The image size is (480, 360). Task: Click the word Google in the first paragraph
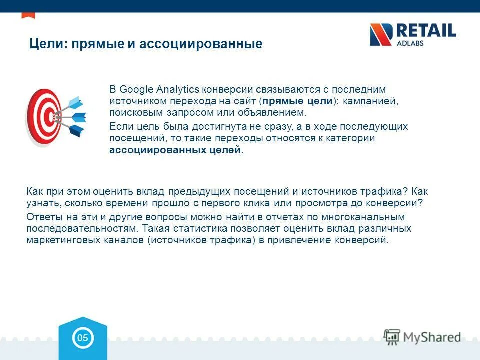click(x=136, y=89)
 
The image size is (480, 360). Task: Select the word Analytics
click(x=178, y=89)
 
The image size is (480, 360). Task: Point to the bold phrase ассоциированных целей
click(x=175, y=150)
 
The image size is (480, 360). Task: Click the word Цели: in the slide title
click(x=49, y=44)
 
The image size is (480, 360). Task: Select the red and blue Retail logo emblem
click(x=381, y=34)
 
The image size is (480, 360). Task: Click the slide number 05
click(x=82, y=338)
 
